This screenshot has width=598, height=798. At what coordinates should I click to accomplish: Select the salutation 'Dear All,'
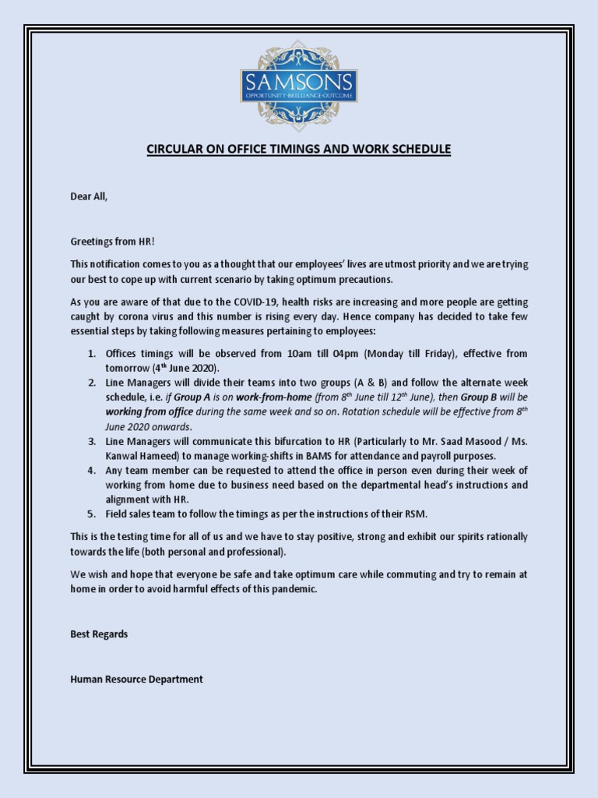(89, 196)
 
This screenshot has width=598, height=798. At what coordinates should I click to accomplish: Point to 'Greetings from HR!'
(113, 242)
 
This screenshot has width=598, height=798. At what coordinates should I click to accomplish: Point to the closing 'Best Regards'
(99, 634)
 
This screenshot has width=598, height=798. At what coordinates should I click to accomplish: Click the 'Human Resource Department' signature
(136, 679)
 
